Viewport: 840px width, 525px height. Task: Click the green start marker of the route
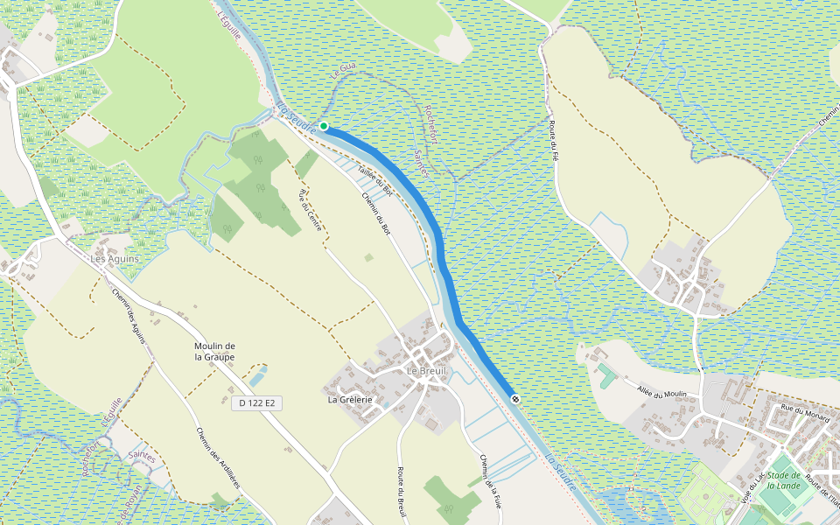[324, 127]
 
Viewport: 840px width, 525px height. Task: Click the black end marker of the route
[515, 399]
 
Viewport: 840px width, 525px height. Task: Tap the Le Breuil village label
[426, 371]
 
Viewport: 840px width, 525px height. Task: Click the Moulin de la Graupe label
[215, 351]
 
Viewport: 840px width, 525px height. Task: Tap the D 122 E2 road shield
[257, 403]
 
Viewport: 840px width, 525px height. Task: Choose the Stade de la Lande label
[784, 479]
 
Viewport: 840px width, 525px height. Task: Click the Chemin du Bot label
[376, 213]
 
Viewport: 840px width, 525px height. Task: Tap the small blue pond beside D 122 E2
[258, 379]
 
